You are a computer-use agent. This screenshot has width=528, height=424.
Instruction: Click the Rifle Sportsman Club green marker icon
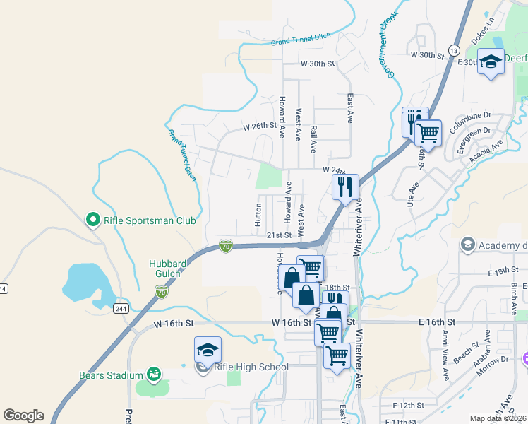tap(92, 220)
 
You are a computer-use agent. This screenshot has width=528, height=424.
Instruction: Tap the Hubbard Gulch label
tap(168, 269)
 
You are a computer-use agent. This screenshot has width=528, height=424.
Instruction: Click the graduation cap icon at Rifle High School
tap(208, 350)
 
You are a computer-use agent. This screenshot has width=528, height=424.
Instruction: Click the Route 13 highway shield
tap(453, 51)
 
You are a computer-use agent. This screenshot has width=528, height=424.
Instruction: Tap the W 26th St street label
tap(258, 127)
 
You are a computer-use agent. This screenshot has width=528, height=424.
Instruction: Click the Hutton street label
tap(258, 215)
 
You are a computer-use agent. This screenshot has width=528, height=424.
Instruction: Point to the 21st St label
tap(279, 235)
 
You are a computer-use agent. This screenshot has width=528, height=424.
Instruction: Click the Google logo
tap(23, 416)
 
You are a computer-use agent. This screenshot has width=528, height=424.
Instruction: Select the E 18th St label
tap(503, 271)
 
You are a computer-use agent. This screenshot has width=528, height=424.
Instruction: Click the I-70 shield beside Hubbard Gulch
tap(162, 290)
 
